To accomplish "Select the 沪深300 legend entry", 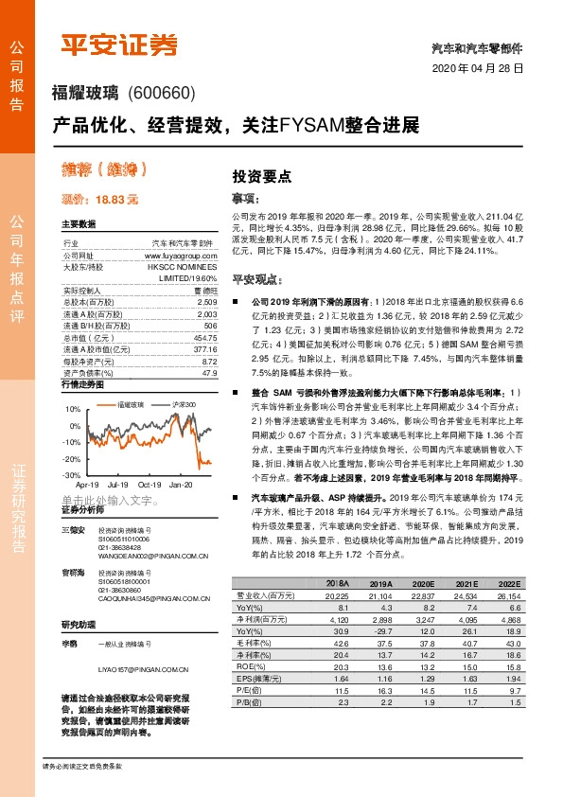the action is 184,404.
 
